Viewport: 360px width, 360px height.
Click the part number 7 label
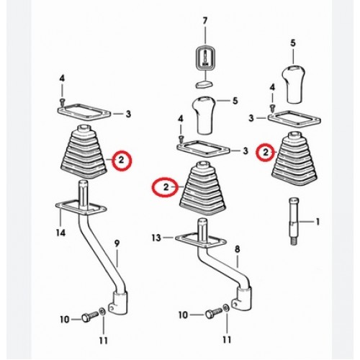tap(204, 21)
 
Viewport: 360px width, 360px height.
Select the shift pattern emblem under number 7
tap(205, 58)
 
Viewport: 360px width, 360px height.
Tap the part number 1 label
tap(318, 222)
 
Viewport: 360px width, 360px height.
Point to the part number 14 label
tap(60, 233)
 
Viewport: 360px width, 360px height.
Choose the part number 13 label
tap(156, 238)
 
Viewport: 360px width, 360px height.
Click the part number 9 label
tap(117, 244)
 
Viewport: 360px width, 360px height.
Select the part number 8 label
tap(237, 249)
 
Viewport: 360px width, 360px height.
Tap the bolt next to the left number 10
tap(90, 316)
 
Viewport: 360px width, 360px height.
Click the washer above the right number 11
tap(225, 307)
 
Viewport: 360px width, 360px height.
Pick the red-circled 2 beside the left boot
tap(122, 160)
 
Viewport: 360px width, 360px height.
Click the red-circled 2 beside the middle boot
tap(166, 187)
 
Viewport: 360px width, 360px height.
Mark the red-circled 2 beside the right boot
tap(266, 152)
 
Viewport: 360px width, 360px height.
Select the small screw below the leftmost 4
tap(62, 101)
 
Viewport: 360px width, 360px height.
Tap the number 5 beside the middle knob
tap(235, 101)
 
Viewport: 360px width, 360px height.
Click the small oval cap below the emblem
tap(204, 84)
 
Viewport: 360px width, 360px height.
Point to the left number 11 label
tap(104, 341)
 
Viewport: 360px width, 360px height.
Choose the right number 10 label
tap(183, 315)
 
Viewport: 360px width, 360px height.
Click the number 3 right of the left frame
tap(129, 114)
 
